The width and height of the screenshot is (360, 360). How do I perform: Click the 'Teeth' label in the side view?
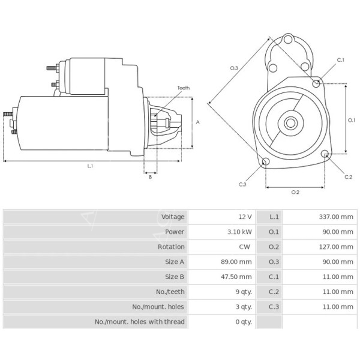[x=183, y=88]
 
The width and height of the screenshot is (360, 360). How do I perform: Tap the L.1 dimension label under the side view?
[x=90, y=166]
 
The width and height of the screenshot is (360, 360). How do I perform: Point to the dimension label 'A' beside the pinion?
[x=197, y=122]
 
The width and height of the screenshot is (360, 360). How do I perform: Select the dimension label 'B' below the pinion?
[x=150, y=176]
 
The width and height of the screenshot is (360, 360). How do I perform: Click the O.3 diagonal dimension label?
[x=234, y=68]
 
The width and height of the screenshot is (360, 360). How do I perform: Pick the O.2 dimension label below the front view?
[x=295, y=192]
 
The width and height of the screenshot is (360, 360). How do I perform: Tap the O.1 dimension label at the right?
[x=352, y=120]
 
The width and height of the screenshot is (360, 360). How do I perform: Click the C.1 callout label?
[x=340, y=60]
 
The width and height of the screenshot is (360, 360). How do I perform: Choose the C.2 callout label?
[x=348, y=176]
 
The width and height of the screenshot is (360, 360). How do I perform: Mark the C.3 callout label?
[x=242, y=184]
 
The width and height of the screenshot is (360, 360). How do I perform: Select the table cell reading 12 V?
[x=245, y=217]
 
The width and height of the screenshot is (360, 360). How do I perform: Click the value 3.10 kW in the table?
[x=240, y=232]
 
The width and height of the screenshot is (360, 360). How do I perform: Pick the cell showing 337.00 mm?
[x=336, y=217]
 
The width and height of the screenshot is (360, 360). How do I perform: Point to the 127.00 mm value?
[x=336, y=247]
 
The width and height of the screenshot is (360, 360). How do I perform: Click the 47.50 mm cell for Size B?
[x=238, y=277]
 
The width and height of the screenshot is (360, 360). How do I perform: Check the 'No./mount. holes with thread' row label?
[x=140, y=322]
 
